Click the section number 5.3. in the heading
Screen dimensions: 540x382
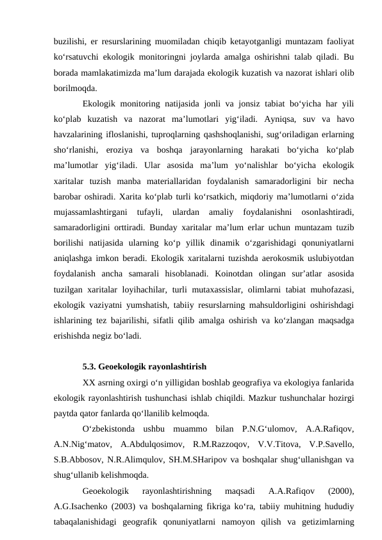tap(92, 367)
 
